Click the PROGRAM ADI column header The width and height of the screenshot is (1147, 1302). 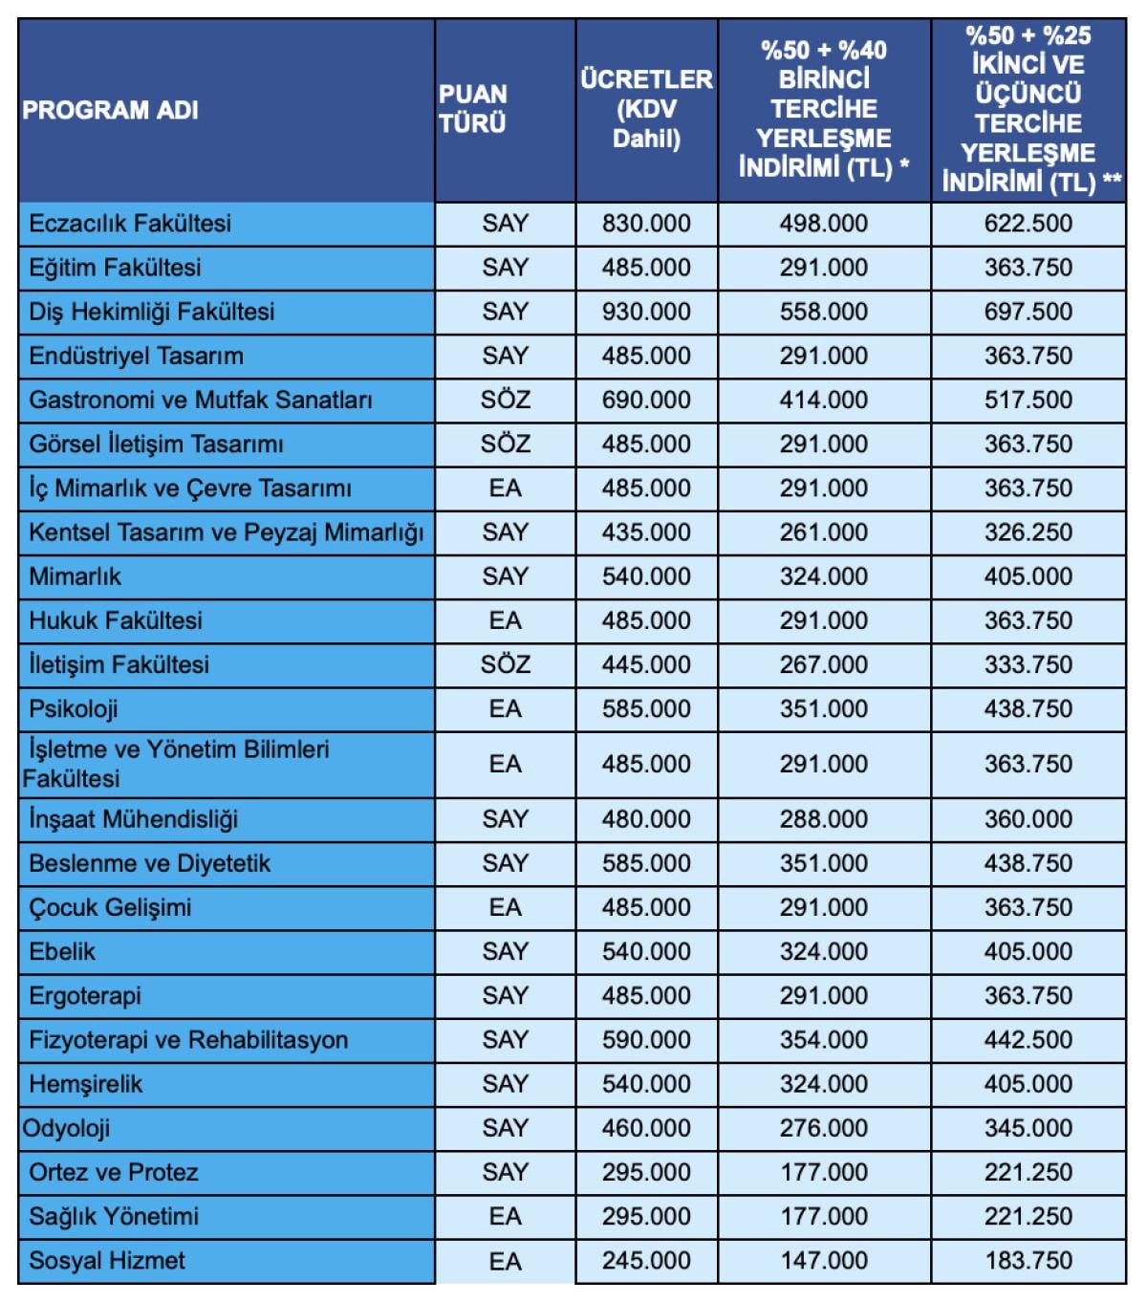click(110, 110)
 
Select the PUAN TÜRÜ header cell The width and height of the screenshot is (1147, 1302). click(473, 109)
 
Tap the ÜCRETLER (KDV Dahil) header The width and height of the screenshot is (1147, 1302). click(646, 109)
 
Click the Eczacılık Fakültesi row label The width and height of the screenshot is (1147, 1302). click(130, 224)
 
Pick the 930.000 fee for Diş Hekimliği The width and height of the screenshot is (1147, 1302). click(646, 312)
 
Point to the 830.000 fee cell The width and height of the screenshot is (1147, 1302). click(646, 224)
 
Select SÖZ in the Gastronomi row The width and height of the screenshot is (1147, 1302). click(505, 400)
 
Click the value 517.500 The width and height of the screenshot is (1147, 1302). click(1028, 400)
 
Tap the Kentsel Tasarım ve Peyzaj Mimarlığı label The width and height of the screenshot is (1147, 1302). click(227, 532)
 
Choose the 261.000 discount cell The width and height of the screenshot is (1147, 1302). click(824, 532)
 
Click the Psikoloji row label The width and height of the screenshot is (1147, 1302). click(74, 709)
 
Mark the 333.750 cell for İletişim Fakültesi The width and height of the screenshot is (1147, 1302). click(1028, 664)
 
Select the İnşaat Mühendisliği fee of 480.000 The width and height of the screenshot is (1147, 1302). click(646, 819)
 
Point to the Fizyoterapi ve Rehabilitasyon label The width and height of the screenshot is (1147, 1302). click(188, 1040)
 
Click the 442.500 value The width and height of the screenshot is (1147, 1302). click(1028, 1040)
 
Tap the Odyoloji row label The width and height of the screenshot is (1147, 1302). click(66, 1128)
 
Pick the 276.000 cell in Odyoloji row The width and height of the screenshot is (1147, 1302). click(824, 1128)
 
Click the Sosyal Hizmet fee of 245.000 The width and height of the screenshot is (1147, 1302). click(646, 1261)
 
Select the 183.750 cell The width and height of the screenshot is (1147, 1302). click(1028, 1261)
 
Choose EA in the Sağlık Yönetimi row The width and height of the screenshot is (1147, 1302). click(505, 1217)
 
